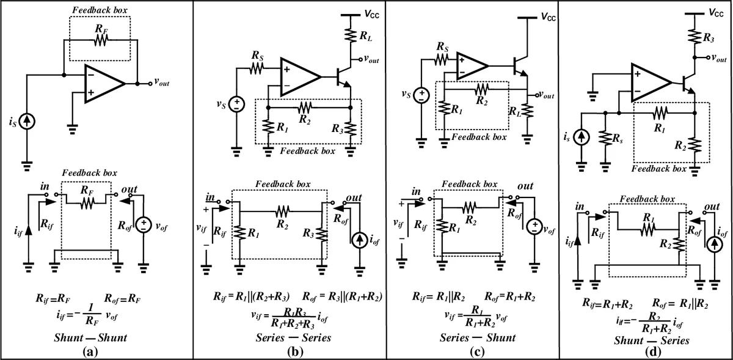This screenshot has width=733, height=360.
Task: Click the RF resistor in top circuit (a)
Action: click(100, 40)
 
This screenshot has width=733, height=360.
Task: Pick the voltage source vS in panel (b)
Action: click(236, 105)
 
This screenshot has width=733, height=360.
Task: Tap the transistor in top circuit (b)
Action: click(343, 76)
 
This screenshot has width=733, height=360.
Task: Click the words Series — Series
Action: click(290, 337)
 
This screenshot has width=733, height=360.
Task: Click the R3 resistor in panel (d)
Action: click(696, 35)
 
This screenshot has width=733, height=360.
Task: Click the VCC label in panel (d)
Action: click(717, 12)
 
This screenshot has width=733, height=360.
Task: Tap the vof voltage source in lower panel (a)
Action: click(144, 224)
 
